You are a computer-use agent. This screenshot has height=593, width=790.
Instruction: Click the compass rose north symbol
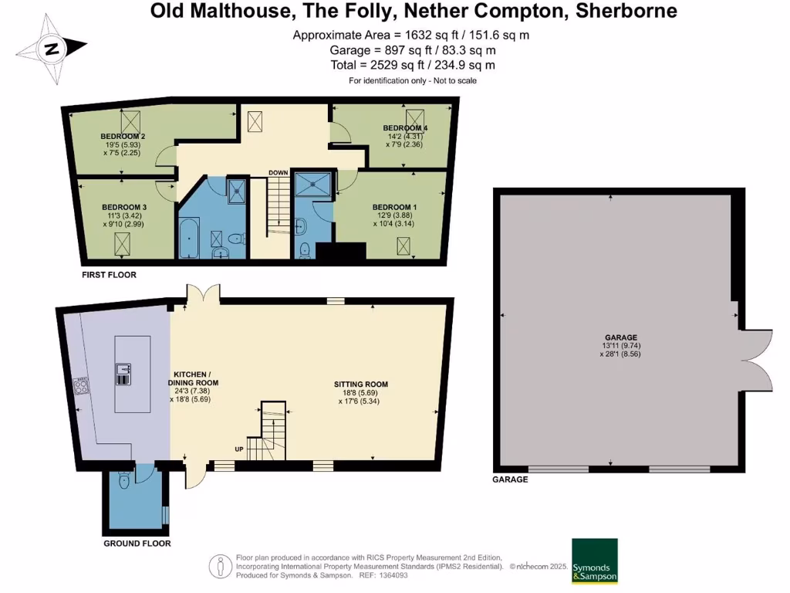(52, 49)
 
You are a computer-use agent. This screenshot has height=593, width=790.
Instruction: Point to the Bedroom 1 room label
(394, 207)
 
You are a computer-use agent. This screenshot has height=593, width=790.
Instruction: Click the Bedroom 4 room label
(405, 127)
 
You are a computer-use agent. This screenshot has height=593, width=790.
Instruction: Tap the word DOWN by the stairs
(278, 172)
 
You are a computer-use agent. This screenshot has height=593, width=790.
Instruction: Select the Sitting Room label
(360, 384)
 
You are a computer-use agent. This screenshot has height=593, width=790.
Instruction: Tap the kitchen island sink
(123, 374)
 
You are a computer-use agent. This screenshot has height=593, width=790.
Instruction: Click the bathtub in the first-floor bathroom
(189, 238)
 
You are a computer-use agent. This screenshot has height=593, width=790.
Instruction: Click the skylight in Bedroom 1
(403, 246)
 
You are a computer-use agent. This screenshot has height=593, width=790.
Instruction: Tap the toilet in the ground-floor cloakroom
(124, 480)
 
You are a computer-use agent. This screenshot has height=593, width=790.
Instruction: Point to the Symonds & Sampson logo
(594, 560)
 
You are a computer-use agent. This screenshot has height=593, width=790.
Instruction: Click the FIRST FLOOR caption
(109, 274)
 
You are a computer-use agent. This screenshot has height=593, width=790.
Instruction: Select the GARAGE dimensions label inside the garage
(620, 346)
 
